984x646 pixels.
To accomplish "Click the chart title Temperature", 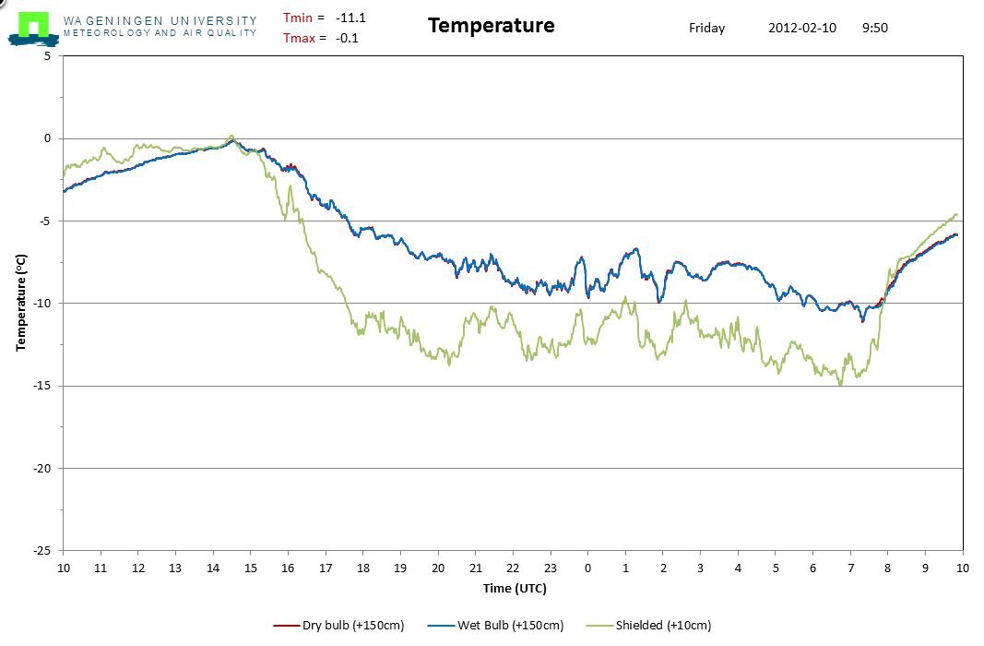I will click(x=491, y=25).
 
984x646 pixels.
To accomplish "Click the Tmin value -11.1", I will click(x=350, y=17).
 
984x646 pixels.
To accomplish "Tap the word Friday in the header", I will click(x=706, y=28).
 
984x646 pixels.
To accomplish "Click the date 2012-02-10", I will click(x=801, y=28).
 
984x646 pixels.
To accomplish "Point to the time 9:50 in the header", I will click(x=874, y=28).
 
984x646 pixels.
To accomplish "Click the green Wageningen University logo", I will click(x=34, y=26).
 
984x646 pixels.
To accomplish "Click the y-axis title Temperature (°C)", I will click(x=20, y=302).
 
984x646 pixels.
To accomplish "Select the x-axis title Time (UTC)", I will click(x=515, y=588).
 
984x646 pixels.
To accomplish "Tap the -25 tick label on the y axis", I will click(x=44, y=551).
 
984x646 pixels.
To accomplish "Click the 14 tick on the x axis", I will click(x=213, y=567).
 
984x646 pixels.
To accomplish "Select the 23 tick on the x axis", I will click(x=551, y=567).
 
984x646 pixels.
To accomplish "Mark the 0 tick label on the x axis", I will click(x=588, y=567).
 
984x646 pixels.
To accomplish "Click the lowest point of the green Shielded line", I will click(x=840, y=385).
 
